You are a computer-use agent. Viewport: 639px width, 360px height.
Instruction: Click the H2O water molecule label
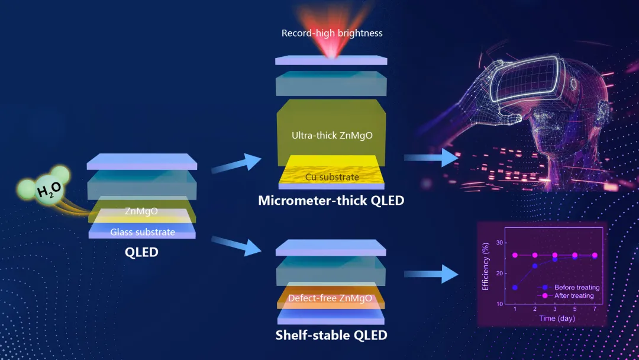point(49,189)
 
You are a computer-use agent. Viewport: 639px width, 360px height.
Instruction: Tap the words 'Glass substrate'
point(143,232)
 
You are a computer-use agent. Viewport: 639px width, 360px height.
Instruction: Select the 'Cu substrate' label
point(332,177)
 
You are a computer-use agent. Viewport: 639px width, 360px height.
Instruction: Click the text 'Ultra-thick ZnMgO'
point(332,136)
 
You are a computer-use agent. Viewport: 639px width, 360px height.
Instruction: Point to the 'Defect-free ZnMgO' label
point(330,298)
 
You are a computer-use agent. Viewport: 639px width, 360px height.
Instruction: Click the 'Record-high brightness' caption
point(332,33)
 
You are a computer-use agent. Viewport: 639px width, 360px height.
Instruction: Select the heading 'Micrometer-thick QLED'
point(331,200)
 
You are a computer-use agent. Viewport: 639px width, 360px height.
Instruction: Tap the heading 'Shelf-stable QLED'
point(331,335)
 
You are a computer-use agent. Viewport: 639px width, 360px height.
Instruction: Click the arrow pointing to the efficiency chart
point(431,274)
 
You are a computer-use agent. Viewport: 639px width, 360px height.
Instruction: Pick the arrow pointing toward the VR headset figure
point(431,157)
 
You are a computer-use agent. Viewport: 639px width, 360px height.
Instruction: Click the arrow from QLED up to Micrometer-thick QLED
point(236,163)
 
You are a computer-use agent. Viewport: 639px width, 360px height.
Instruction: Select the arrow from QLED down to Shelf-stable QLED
point(236,246)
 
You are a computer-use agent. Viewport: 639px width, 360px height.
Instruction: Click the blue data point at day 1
point(515,287)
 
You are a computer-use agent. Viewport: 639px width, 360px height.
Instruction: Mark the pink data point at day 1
point(515,255)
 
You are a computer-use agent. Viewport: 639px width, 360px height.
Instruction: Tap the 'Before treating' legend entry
point(570,287)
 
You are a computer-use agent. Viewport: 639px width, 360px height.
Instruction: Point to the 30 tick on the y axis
point(499,243)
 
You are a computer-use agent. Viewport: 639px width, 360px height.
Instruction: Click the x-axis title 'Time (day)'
point(557,318)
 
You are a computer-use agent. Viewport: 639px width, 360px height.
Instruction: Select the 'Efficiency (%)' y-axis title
point(485,266)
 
